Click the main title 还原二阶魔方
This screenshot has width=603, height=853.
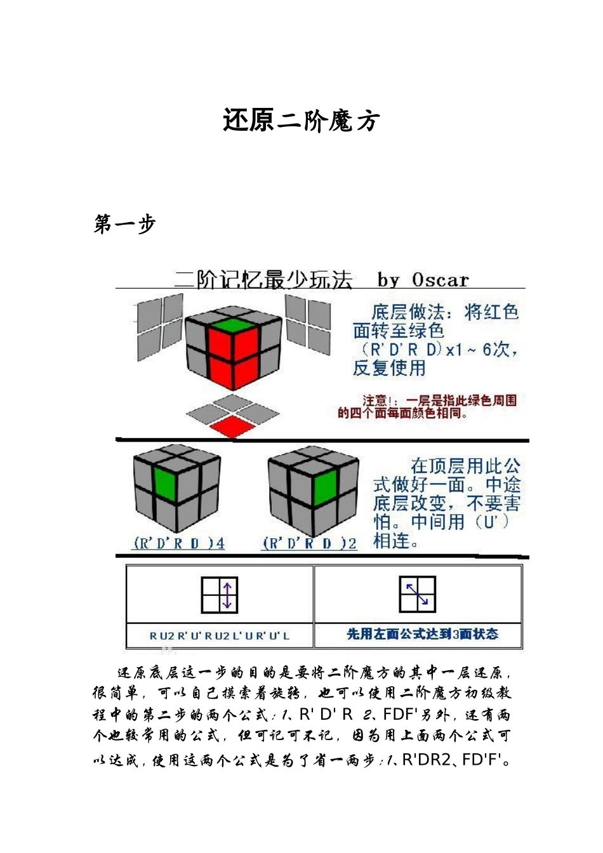pyautogui.click(x=301, y=120)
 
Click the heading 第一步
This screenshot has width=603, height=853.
pyautogui.click(x=124, y=224)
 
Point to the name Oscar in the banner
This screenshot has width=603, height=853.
pyautogui.click(x=440, y=280)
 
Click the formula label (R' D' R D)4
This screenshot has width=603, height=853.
pyautogui.click(x=178, y=543)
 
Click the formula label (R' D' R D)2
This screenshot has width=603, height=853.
pyautogui.click(x=309, y=543)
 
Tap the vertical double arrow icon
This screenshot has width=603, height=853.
pyautogui.click(x=220, y=595)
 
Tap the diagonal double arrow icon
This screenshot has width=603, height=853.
pyautogui.click(x=417, y=594)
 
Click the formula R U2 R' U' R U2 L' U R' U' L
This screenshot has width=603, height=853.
pyautogui.click(x=220, y=635)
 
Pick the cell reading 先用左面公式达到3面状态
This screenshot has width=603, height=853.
pyautogui.click(x=422, y=634)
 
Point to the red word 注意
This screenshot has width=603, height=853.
pyautogui.click(x=373, y=401)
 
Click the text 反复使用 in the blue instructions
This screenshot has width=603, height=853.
pyautogui.click(x=389, y=367)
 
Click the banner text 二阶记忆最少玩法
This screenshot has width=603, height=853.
pyautogui.click(x=263, y=280)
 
